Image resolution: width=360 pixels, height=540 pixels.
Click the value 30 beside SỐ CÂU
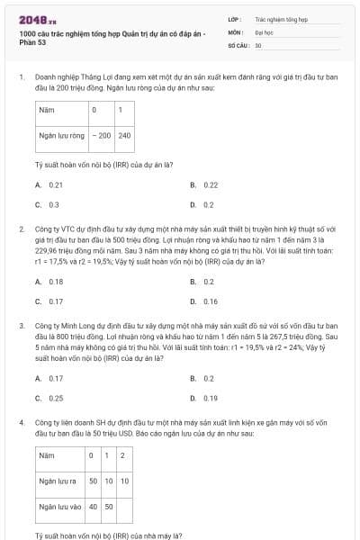[x=258, y=44]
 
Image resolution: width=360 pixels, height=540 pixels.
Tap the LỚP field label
[x=234, y=18]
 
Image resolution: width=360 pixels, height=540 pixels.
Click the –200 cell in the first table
[x=100, y=136]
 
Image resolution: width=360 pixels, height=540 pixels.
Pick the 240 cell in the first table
[x=124, y=136]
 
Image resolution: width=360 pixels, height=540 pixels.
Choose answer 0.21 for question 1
[x=55, y=184]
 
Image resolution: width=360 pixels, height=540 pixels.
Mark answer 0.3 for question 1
[x=53, y=204]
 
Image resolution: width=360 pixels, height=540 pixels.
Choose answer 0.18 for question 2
[x=55, y=282]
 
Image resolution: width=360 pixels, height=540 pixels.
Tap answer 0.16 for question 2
[x=211, y=301]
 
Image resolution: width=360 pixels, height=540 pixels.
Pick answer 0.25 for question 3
[x=55, y=398]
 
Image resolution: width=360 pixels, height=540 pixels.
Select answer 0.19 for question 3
[x=211, y=398]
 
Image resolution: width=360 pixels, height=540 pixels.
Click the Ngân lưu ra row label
[x=57, y=481]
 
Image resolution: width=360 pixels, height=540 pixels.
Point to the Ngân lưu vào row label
[x=58, y=507]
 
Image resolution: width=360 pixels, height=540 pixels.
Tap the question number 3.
[x=21, y=324]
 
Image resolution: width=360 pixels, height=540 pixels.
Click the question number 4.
[x=21, y=421]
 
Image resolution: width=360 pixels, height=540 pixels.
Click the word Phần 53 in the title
[x=31, y=43]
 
